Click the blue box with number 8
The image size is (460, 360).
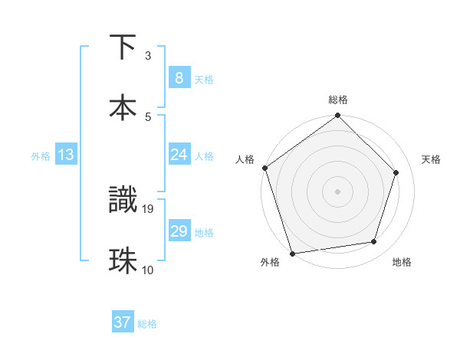(179, 78)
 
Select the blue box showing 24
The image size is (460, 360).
(179, 155)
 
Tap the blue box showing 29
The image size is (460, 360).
(179, 231)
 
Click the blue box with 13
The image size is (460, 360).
(66, 155)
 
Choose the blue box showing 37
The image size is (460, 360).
(123, 322)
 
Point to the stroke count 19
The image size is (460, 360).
(148, 208)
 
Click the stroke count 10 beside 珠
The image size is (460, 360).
(148, 269)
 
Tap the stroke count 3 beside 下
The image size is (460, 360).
(148, 55)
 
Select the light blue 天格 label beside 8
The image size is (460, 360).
(204, 80)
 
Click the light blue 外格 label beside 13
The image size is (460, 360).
(41, 156)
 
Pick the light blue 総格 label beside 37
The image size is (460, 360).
(147, 324)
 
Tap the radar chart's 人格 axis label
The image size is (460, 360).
(245, 159)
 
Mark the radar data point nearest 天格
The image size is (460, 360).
(396, 172)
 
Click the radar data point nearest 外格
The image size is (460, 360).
(292, 253)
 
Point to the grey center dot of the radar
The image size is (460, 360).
(337, 191)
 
